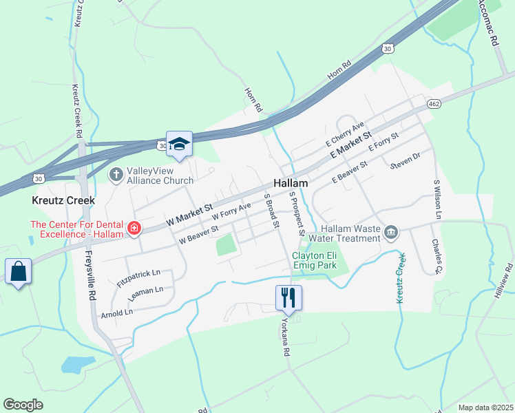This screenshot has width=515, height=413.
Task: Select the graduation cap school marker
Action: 179,144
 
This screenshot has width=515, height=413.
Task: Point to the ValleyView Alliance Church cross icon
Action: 116,174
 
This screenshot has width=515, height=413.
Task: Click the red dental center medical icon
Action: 134,228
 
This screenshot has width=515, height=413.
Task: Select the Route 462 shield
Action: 433,103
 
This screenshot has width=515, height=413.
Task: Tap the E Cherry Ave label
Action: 344,134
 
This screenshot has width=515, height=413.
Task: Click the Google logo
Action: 23,404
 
